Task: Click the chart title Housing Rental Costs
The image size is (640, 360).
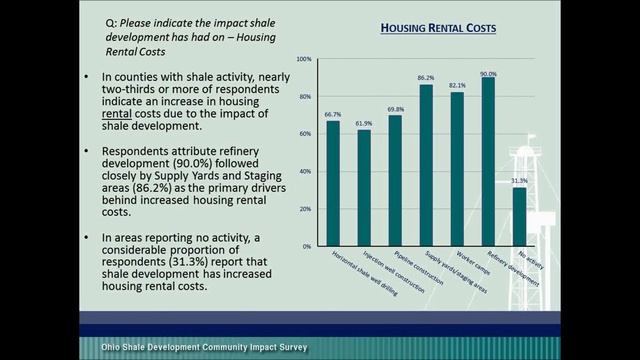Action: (x=439, y=30)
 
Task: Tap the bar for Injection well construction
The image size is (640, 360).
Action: (x=364, y=187)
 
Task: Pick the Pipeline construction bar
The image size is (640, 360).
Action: (x=395, y=180)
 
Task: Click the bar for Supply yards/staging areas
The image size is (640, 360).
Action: (x=426, y=165)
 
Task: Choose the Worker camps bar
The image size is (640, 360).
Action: (x=457, y=168)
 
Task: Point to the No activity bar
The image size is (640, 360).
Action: (x=519, y=216)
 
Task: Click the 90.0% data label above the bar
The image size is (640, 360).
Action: (x=488, y=73)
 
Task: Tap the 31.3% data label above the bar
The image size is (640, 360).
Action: (x=519, y=181)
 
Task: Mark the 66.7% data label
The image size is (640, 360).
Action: (x=333, y=115)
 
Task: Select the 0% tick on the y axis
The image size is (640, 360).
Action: (x=307, y=246)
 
